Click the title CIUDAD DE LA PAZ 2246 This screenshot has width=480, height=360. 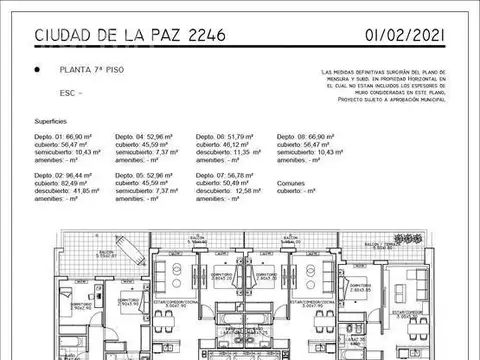[x=130, y=37]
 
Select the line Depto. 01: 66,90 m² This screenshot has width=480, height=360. [x=65, y=135]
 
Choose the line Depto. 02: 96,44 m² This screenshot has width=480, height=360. [x=65, y=175]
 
